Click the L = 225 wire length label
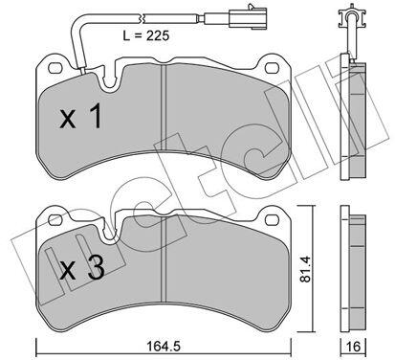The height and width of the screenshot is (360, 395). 146,35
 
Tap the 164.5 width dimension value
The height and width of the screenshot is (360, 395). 164,346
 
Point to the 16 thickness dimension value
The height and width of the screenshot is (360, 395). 353,347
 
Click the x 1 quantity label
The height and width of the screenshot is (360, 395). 81,116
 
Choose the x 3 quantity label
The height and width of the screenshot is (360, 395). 82,268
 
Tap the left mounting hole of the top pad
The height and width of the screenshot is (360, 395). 55,68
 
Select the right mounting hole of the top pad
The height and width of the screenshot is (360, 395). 272,68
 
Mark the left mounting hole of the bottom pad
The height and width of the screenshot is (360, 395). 55,219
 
